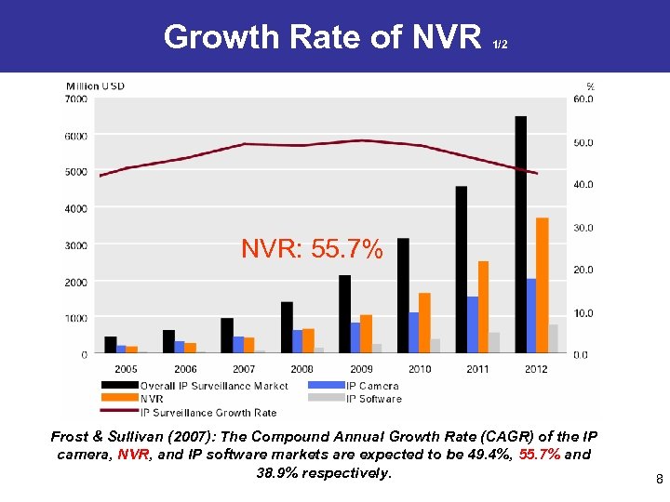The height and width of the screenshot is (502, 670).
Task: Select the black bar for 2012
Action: (520, 232)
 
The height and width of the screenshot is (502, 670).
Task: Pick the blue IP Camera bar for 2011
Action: (473, 324)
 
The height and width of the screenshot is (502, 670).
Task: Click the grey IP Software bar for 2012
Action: (554, 338)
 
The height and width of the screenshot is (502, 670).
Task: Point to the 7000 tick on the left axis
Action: (76, 99)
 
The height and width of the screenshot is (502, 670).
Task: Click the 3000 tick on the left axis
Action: (76, 245)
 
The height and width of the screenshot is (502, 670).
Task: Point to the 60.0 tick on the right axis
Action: (583, 99)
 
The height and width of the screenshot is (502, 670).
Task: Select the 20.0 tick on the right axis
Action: (583, 270)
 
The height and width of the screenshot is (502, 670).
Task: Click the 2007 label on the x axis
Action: (244, 369)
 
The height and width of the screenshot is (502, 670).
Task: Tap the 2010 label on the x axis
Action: (419, 369)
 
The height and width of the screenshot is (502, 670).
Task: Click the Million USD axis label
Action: (95, 86)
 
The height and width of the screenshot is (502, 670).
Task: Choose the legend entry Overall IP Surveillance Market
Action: (214, 386)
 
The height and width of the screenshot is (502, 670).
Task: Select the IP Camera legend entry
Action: (372, 386)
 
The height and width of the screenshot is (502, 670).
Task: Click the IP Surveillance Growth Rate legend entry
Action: (208, 412)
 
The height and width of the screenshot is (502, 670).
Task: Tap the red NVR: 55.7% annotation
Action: (312, 249)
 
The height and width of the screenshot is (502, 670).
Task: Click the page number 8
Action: (659, 481)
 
